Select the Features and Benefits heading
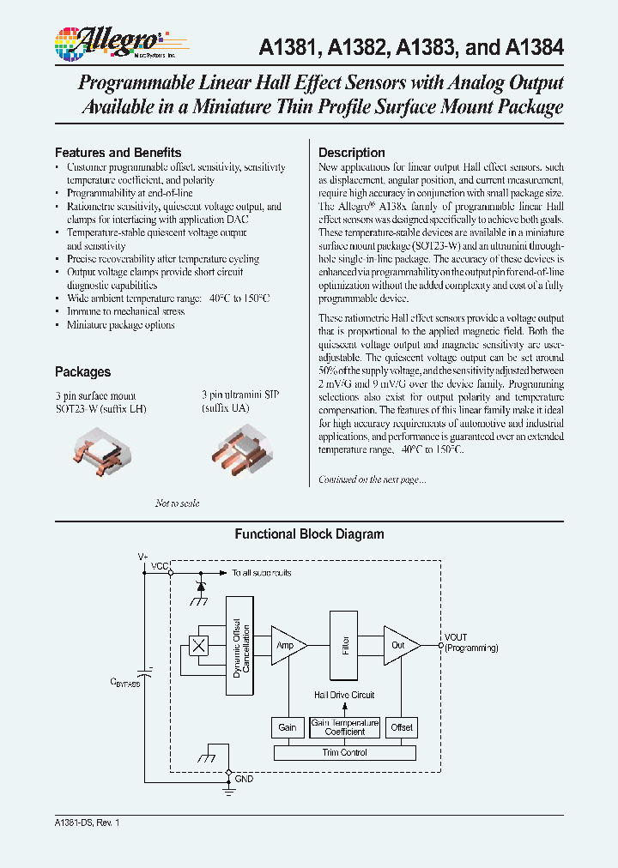tap(118, 152)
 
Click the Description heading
tap(352, 153)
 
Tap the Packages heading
tap(82, 371)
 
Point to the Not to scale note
tap(177, 503)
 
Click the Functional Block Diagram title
tap(309, 533)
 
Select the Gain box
tap(288, 727)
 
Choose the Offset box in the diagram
tap(401, 727)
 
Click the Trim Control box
tap(344, 752)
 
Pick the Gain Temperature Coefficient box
tap(344, 727)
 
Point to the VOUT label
tap(456, 637)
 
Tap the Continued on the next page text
tap(372, 479)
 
